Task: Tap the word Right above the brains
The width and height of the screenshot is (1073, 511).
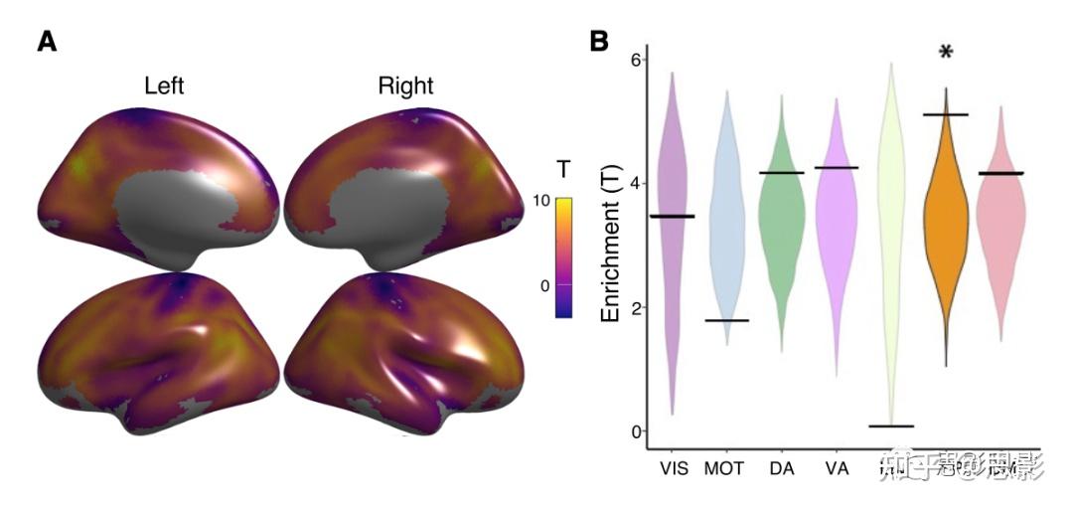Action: pos(405,85)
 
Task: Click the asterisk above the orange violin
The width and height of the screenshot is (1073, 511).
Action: pos(946,53)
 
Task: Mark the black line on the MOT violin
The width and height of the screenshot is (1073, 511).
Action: pos(727,320)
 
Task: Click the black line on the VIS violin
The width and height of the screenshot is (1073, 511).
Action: pos(672,216)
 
